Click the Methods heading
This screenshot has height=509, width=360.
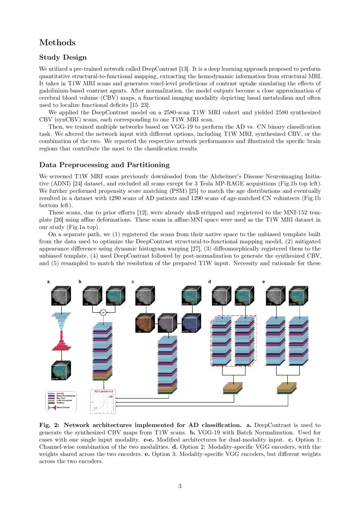[57, 42]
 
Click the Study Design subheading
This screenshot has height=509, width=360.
[63, 57]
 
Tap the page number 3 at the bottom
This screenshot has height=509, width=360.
[180, 486]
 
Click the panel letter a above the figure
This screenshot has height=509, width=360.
[48, 282]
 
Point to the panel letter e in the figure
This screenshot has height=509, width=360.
[264, 282]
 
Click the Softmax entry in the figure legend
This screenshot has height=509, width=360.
[59, 402]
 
